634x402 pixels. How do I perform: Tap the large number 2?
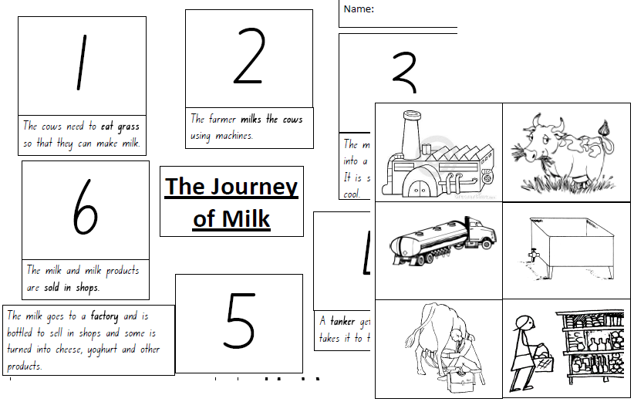pos(248,57)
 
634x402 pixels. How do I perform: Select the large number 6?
pos(85,209)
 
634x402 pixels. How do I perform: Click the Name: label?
pos(359,9)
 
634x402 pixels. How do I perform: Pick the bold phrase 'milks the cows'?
pos(271,120)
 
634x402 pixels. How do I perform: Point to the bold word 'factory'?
pos(104,316)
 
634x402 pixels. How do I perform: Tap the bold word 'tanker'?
pos(343,321)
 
